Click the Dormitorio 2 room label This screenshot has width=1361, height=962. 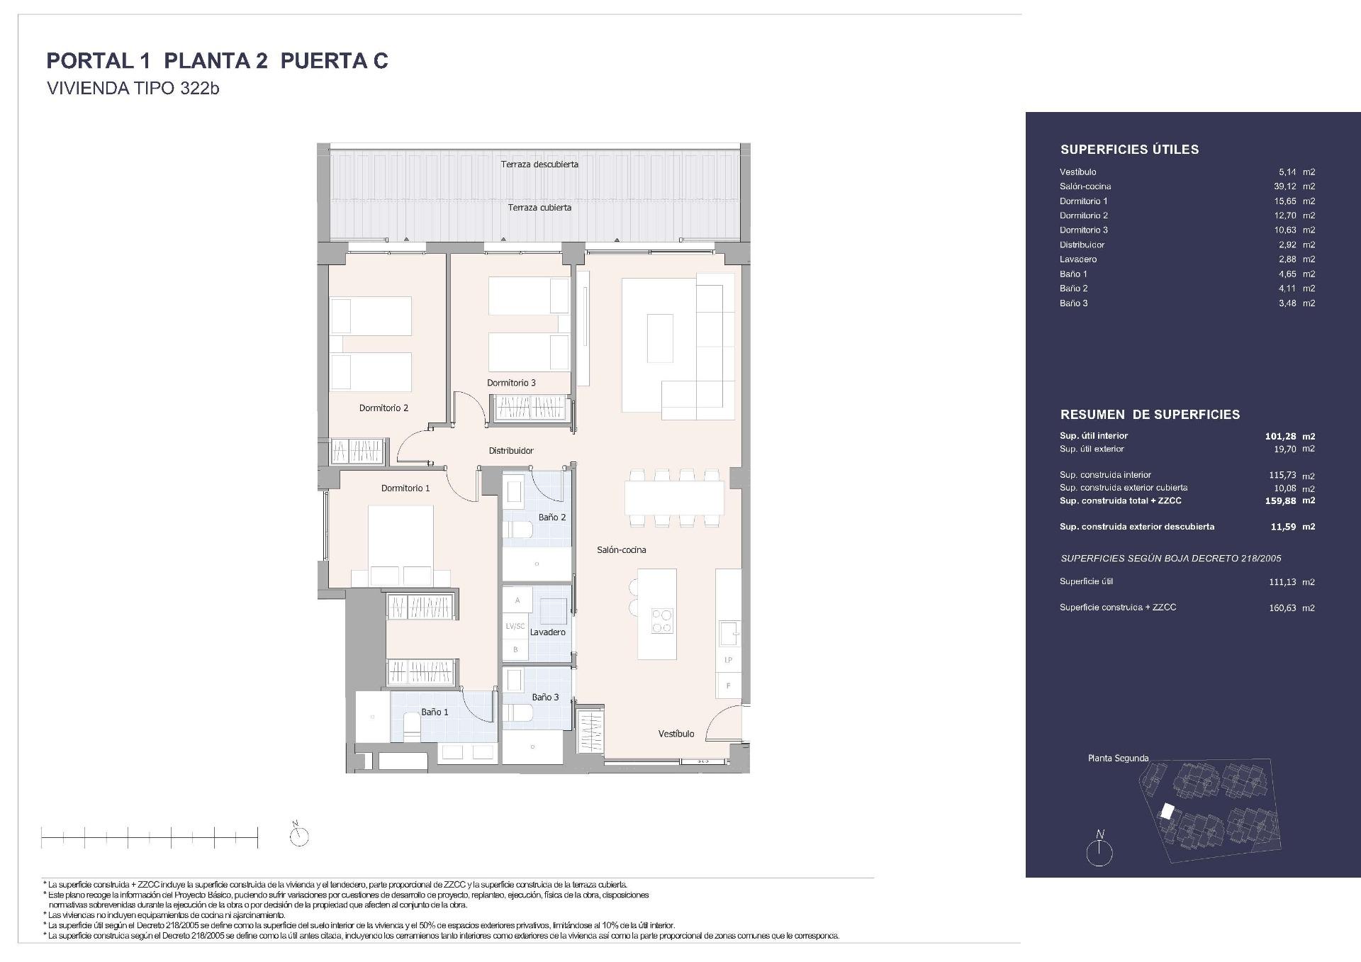(383, 408)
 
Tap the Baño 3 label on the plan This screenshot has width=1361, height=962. (545, 697)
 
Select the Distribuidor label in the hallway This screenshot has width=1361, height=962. (511, 450)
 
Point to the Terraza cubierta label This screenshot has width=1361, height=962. (539, 208)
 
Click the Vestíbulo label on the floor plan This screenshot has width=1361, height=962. (676, 734)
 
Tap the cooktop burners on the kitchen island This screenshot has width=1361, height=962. (663, 621)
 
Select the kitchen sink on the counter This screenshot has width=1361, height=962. (728, 632)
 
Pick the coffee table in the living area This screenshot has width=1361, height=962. (661, 339)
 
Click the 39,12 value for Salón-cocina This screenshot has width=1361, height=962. (1284, 186)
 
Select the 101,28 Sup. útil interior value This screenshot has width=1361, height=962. (1280, 437)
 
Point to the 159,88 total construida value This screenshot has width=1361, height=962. (1280, 500)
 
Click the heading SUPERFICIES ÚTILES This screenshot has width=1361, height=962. (1129, 150)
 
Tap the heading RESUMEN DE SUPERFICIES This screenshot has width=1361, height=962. (1150, 415)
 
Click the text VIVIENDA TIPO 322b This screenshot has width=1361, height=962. (133, 89)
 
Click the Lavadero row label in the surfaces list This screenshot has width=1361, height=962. (1078, 259)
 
